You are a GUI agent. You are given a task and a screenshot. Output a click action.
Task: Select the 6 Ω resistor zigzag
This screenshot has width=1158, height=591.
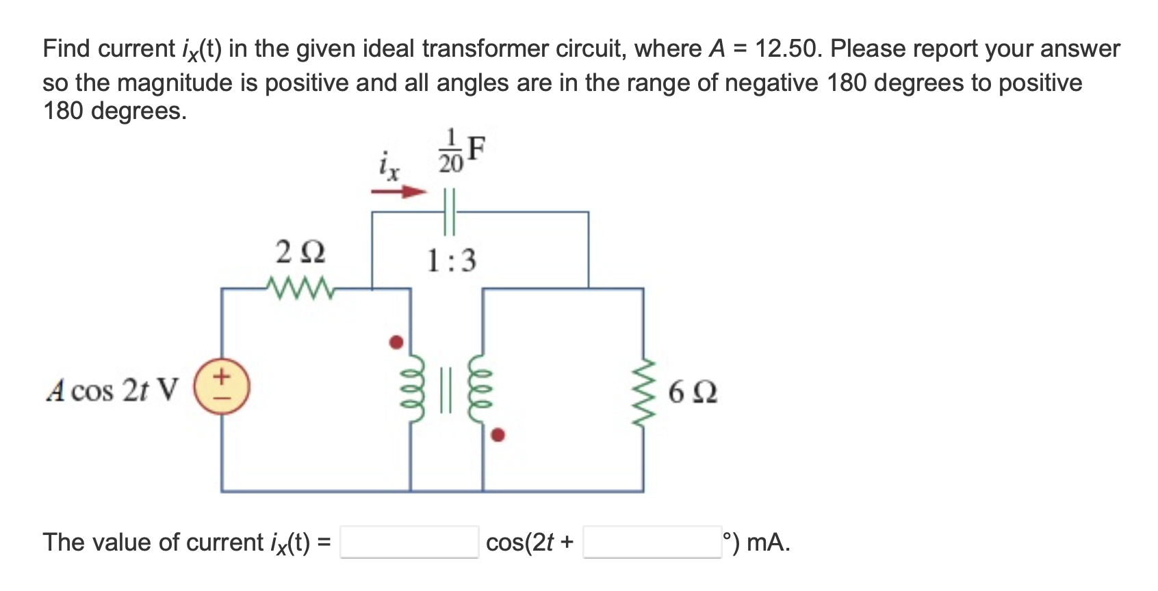[643, 391]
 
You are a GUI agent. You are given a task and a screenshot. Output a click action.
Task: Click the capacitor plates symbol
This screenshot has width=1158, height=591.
[449, 212]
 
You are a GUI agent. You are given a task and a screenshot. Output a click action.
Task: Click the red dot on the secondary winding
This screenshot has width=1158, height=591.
[498, 434]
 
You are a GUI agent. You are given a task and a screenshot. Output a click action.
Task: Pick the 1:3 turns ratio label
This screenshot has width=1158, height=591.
[451, 261]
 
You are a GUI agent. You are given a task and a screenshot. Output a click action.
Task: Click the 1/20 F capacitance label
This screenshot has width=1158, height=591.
[461, 150]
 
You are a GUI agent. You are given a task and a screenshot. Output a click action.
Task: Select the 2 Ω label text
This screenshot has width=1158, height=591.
[300, 252]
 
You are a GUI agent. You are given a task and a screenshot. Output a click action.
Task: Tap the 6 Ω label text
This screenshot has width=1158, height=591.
[693, 392]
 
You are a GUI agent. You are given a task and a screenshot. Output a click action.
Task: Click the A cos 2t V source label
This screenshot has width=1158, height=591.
[112, 391]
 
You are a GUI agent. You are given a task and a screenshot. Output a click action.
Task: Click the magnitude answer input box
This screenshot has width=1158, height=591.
[409, 542]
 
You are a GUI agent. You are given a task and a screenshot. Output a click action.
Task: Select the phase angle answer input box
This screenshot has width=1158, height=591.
[652, 542]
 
